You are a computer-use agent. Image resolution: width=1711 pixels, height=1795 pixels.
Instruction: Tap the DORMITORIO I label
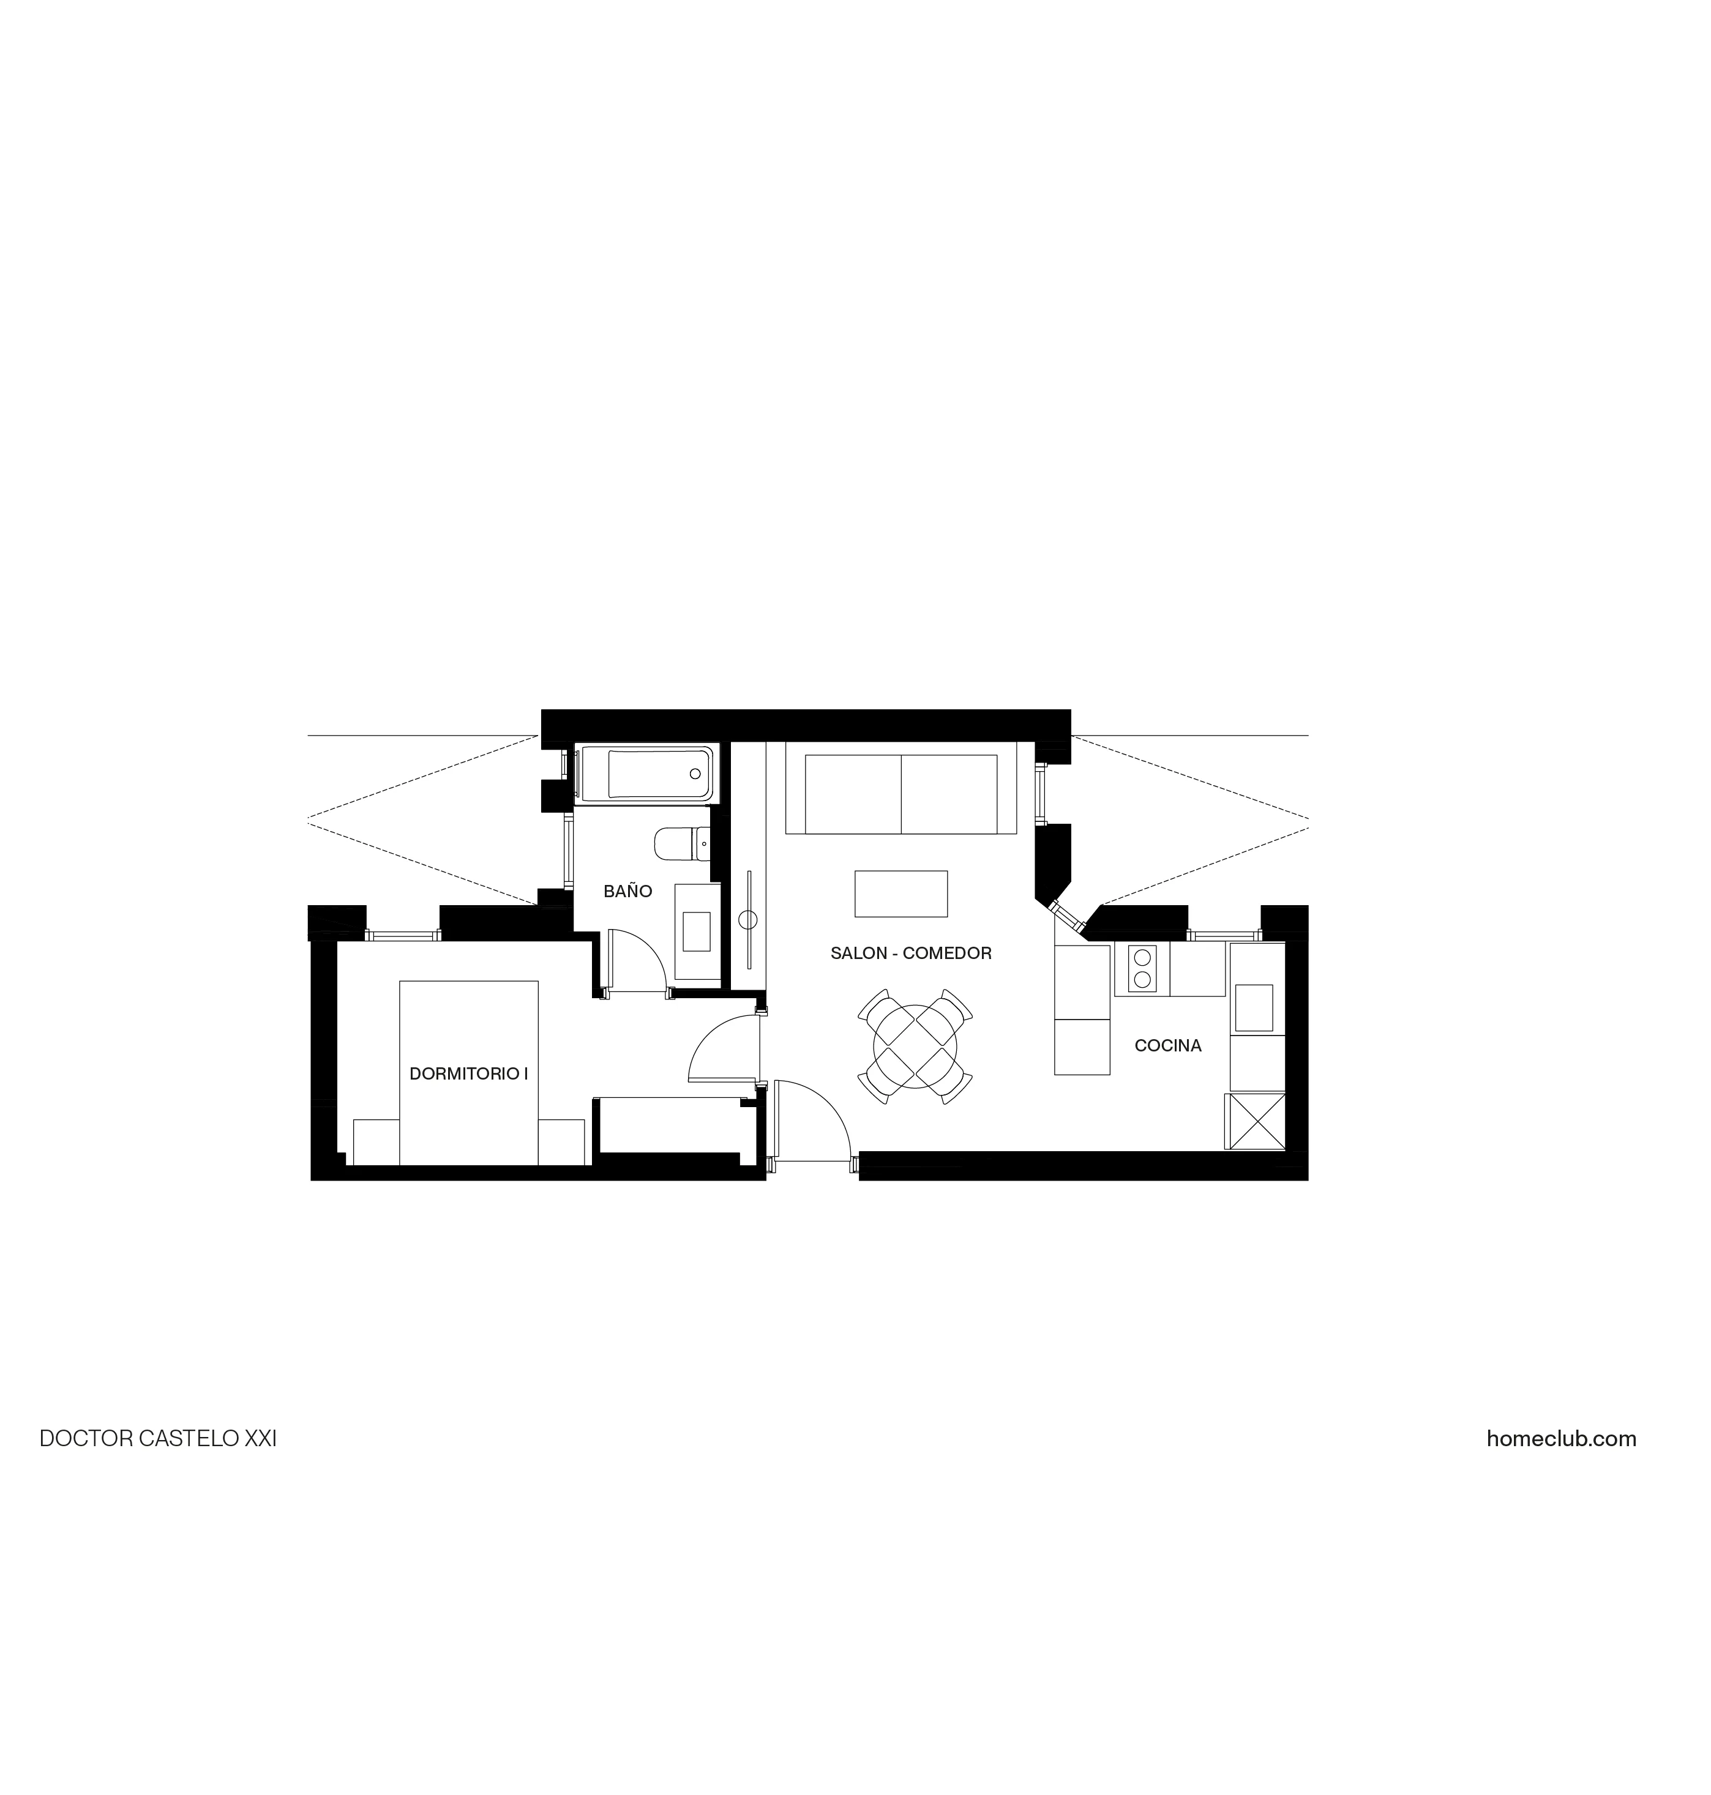point(469,1074)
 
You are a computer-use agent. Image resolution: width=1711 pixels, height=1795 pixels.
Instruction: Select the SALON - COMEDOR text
point(910,953)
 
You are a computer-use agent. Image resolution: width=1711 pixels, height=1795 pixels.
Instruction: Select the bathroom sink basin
point(696,931)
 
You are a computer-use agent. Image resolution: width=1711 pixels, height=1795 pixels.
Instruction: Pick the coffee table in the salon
point(900,894)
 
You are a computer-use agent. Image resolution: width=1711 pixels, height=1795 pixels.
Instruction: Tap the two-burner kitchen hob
point(1141,968)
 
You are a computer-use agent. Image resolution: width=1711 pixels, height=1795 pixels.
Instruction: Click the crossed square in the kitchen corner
point(1255,1121)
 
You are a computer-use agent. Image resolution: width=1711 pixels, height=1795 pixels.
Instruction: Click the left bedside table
point(376,1141)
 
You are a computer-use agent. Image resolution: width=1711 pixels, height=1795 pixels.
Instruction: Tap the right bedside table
point(561,1141)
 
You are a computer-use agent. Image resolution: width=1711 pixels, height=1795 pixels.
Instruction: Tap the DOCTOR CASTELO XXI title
point(158,1439)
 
